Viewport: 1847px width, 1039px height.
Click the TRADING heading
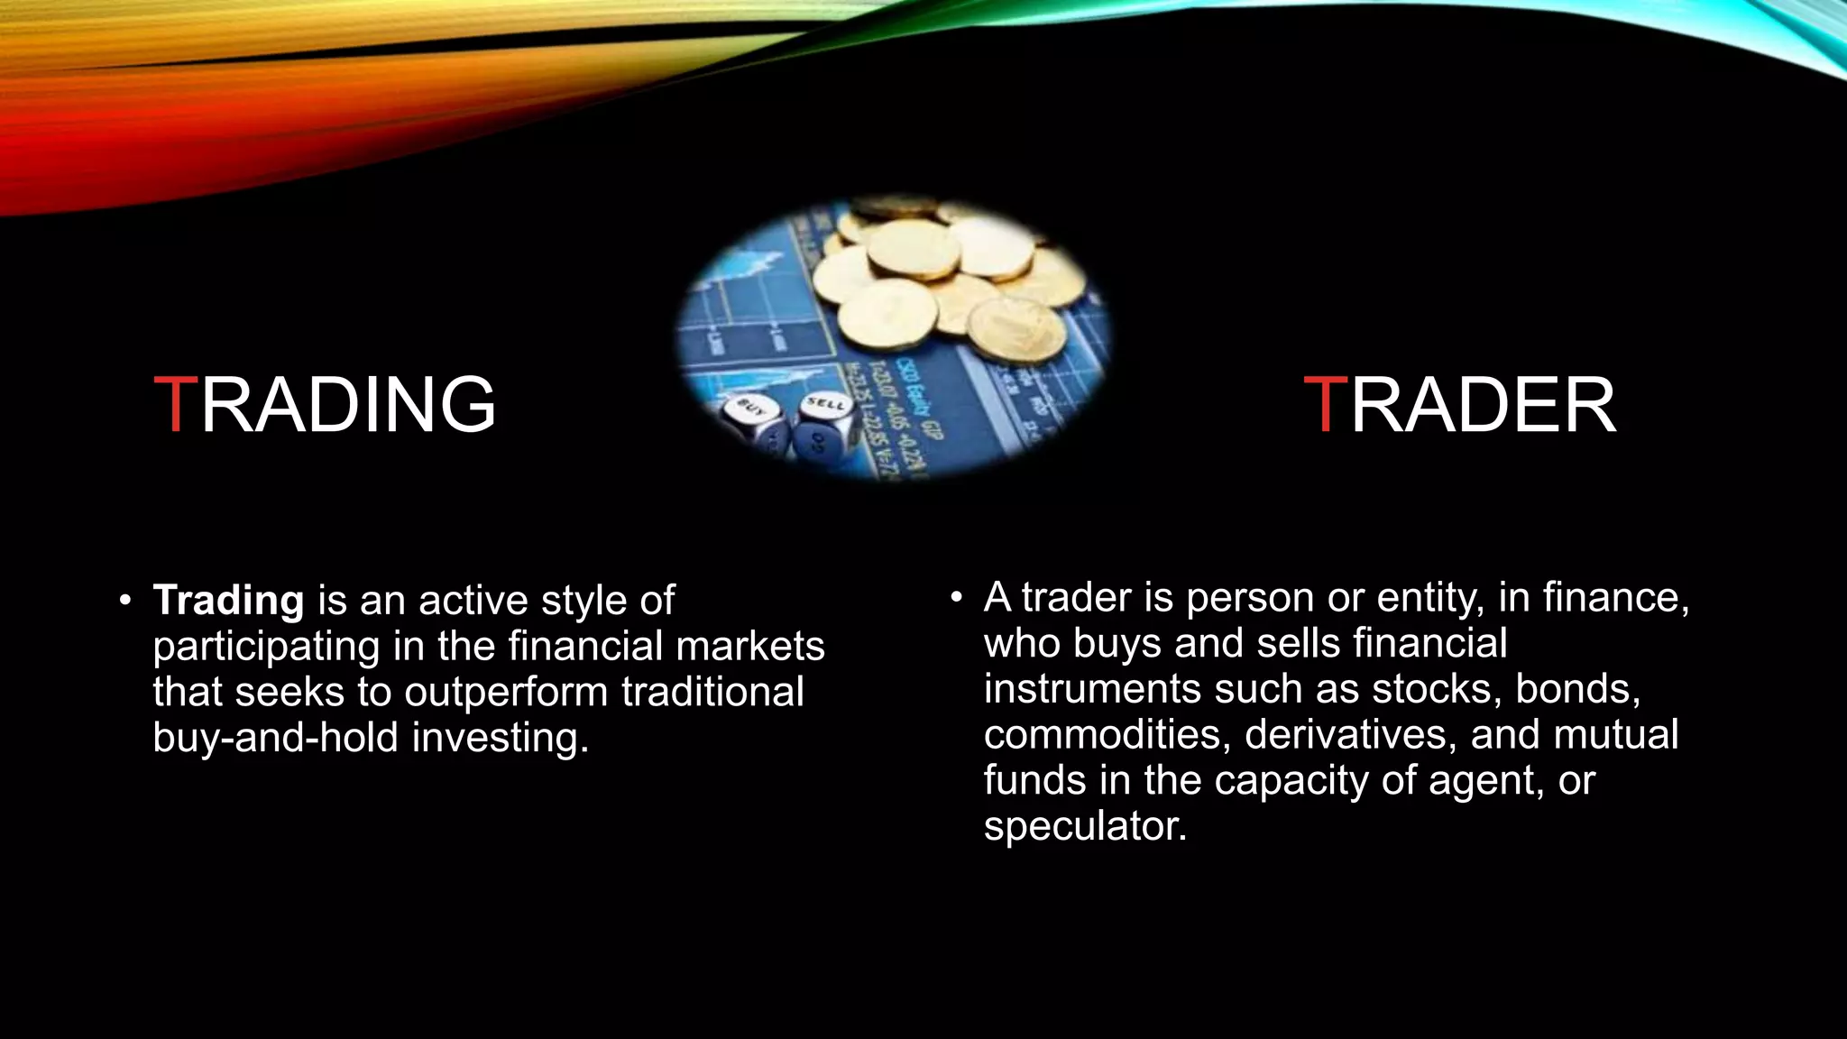pyautogui.click(x=325, y=404)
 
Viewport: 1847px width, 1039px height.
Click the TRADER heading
pyautogui.click(x=1460, y=406)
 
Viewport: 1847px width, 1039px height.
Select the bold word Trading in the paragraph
pyautogui.click(x=228, y=601)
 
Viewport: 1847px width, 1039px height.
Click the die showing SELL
pyautogui.click(x=826, y=412)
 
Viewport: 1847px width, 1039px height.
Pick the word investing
pyautogui.click(x=501, y=738)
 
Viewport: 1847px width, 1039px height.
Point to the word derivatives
pyautogui.click(x=1350, y=735)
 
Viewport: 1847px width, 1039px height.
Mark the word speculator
pyautogui.click(x=1085, y=826)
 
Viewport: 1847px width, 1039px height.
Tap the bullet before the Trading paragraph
pyautogui.click(x=125, y=601)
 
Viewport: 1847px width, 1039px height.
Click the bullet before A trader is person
pyautogui.click(x=956, y=597)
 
